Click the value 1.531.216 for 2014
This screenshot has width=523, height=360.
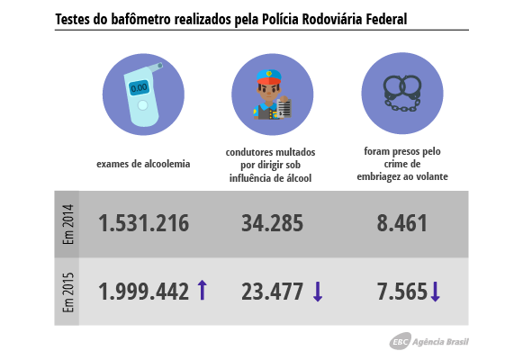144,223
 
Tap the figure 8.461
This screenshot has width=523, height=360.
402,223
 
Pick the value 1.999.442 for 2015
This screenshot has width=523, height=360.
144,291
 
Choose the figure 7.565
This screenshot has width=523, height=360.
402,291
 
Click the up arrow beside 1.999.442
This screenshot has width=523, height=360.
202,290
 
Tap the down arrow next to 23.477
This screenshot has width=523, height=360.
318,291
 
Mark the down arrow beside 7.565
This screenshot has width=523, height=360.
435,292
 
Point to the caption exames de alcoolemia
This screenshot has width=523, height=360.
143,164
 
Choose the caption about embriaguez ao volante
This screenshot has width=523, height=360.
401,164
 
